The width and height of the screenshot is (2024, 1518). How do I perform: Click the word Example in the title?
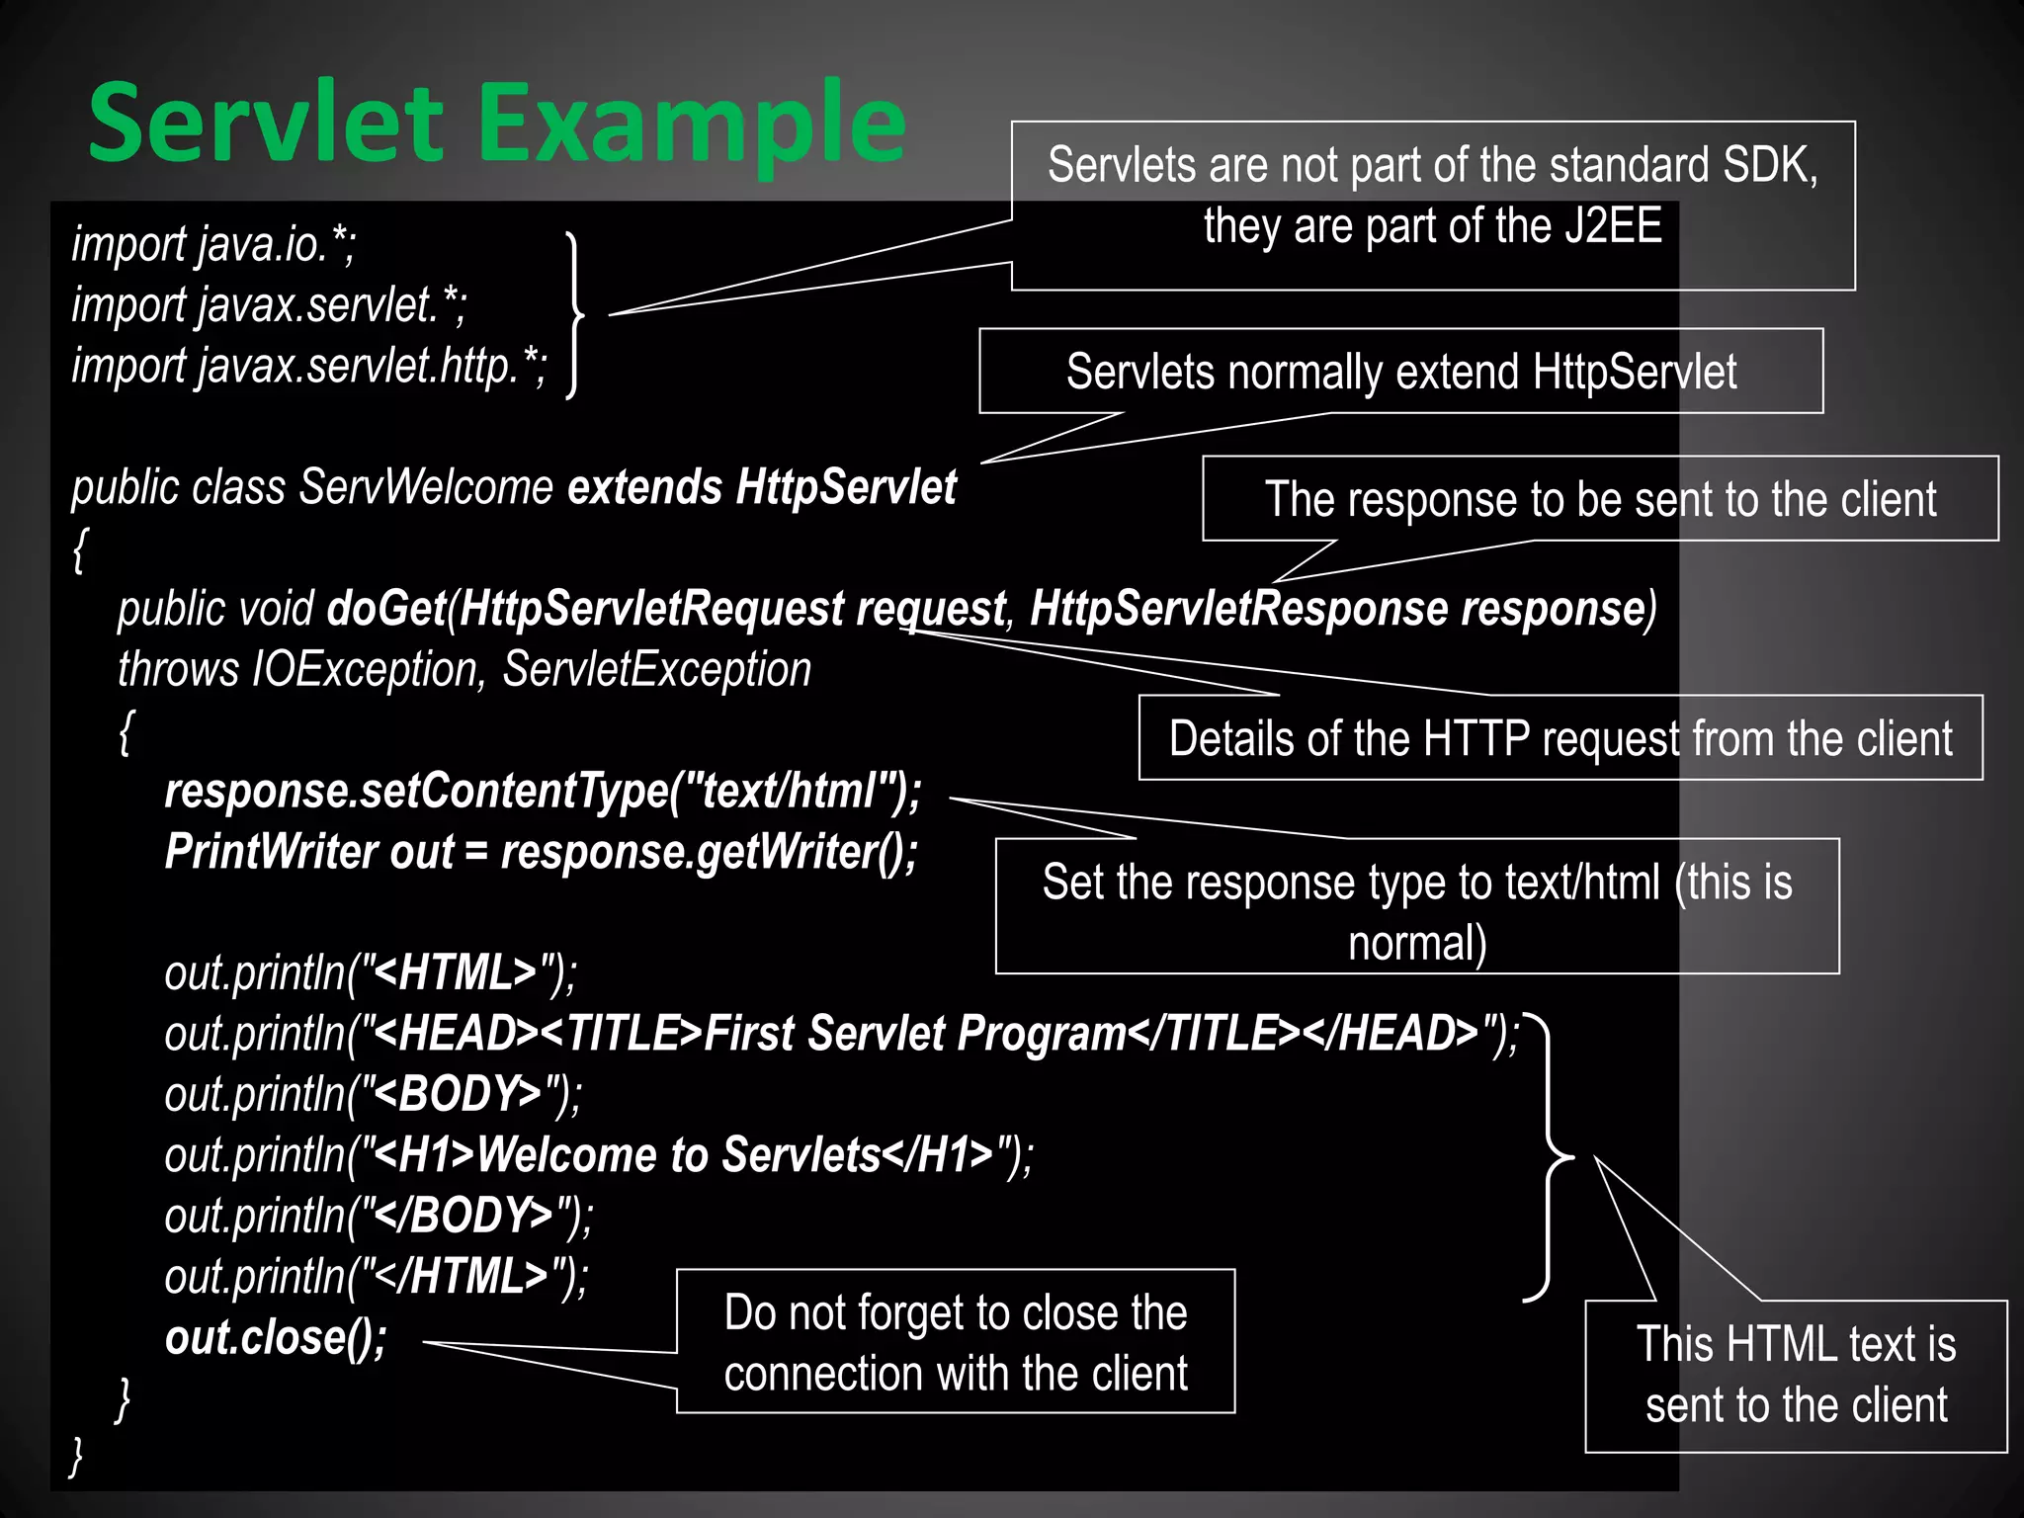point(692,123)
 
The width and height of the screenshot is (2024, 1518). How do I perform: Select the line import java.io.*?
point(213,244)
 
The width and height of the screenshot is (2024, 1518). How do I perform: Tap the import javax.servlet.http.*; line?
point(308,366)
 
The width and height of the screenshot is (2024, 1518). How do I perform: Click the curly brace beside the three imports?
point(574,315)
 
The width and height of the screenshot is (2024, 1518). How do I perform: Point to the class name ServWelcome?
point(426,487)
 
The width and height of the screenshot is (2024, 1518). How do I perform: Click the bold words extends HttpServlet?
point(761,487)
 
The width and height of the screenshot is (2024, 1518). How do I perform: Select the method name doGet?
point(386,608)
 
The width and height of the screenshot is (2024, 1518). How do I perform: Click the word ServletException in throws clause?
point(656,669)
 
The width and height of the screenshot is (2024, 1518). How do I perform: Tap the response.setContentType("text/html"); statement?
point(543,791)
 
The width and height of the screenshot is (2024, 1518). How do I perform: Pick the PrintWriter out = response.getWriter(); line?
point(541,852)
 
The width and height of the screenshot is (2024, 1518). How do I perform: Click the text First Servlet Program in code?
point(915,1034)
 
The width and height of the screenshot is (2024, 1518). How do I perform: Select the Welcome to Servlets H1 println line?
point(598,1155)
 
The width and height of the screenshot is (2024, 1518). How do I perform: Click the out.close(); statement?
point(276,1337)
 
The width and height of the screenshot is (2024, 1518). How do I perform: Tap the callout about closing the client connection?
point(955,1342)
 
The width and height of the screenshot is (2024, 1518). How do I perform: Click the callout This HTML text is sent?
point(1796,1375)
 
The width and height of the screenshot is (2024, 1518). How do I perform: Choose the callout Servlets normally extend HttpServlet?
point(1400,372)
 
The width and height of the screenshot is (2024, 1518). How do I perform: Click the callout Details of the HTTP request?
point(1560,738)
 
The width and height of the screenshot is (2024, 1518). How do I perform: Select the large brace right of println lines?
point(1548,1155)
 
